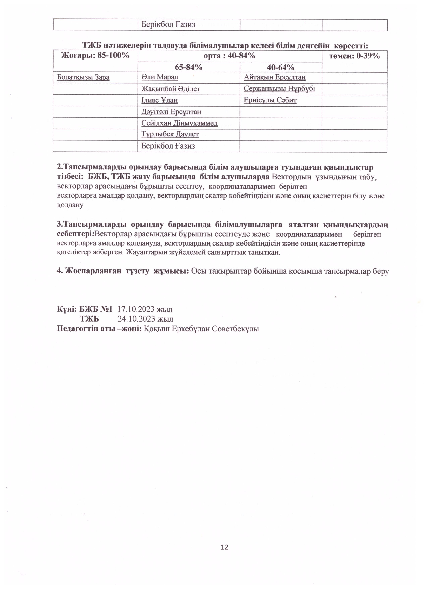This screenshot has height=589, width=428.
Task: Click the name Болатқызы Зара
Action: tap(83, 77)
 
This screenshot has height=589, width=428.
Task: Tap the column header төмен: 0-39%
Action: tap(354, 56)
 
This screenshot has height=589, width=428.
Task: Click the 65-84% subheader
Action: tap(189, 67)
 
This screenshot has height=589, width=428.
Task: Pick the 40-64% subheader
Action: tap(281, 67)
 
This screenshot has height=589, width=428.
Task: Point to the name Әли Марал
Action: tap(160, 77)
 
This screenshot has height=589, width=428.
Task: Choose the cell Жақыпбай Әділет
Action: tap(171, 89)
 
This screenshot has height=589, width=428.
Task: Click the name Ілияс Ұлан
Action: tap(159, 100)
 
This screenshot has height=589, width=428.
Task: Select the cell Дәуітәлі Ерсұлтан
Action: tap(171, 112)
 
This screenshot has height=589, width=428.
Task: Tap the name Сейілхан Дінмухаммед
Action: tap(179, 123)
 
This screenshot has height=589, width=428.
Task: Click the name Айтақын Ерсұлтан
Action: tap(275, 77)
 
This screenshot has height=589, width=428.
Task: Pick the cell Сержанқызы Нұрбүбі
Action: tap(279, 89)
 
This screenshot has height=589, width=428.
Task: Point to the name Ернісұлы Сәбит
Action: tap(270, 100)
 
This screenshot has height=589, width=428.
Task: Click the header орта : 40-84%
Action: tap(229, 56)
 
